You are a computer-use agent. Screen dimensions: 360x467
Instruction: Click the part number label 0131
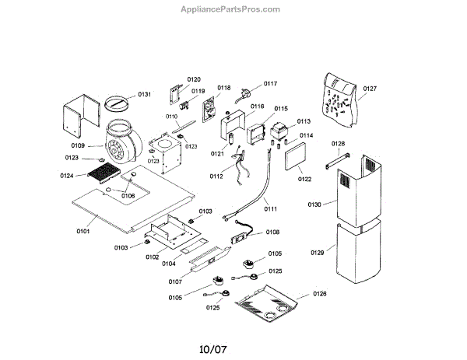(144, 94)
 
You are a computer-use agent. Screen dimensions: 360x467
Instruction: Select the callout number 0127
(370, 89)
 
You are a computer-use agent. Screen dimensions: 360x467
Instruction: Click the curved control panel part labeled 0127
(337, 101)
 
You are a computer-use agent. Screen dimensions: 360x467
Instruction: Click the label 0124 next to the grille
(67, 176)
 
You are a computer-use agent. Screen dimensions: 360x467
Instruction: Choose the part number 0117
(270, 83)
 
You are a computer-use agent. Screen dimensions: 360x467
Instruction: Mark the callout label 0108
(272, 232)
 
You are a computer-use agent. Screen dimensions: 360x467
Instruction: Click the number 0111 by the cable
(270, 209)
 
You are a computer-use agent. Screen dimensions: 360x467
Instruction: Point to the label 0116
(257, 106)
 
